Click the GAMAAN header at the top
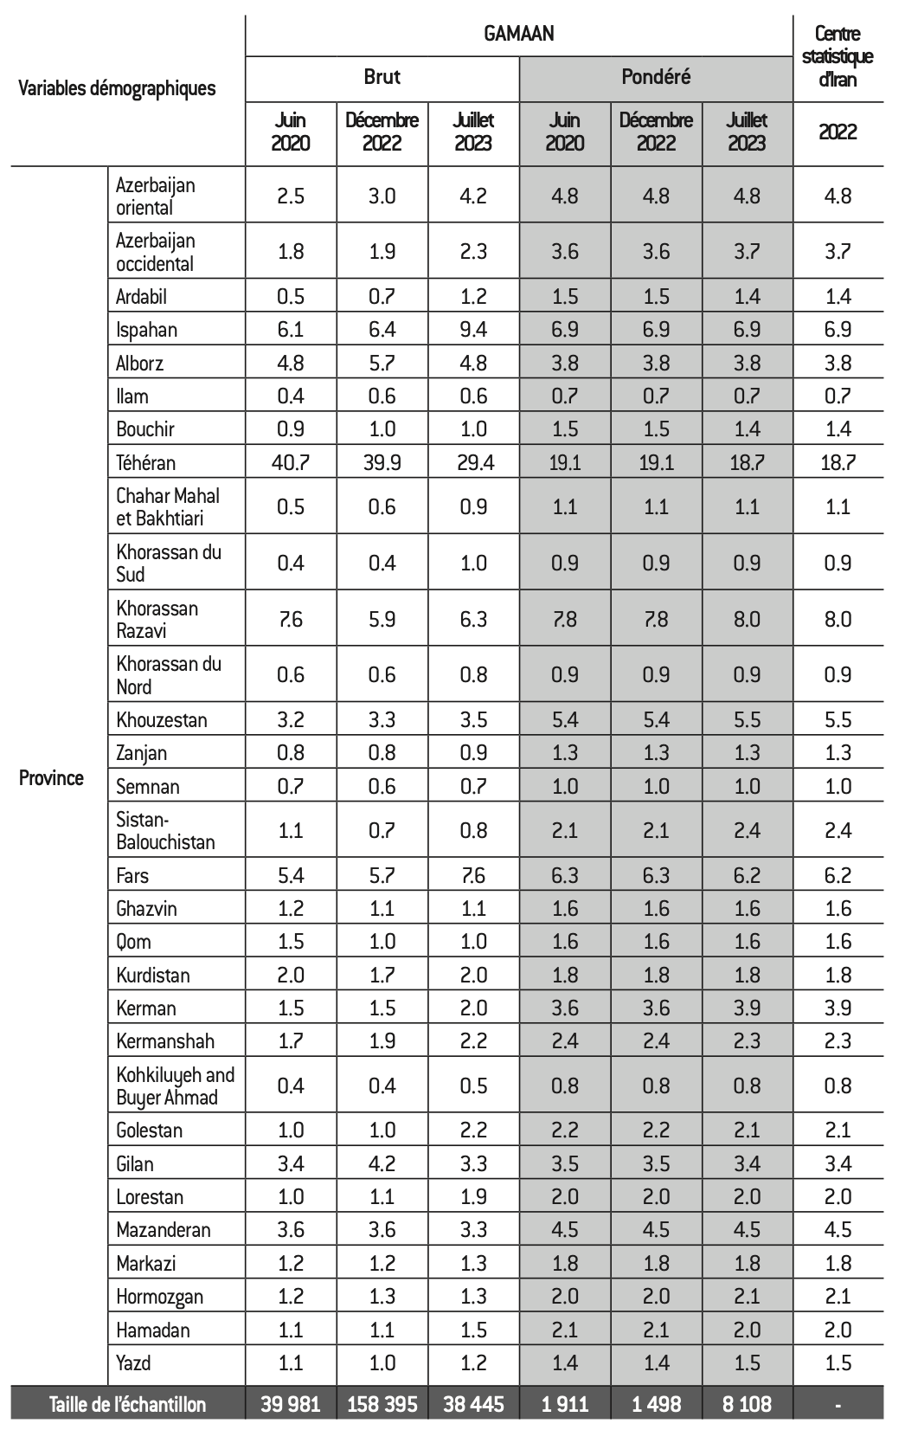[519, 35]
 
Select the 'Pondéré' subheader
[656, 77]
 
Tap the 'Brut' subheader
[382, 77]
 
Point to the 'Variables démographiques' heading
[117, 87]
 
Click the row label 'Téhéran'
[146, 462]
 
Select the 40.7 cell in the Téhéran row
[290, 462]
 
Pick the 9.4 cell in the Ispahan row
[473, 330]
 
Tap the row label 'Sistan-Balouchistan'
[165, 830]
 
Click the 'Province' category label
[52, 777]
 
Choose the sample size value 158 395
[382, 1404]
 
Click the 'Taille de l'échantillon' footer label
[128, 1404]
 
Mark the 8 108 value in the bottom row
[747, 1404]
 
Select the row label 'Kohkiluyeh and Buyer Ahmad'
[175, 1085]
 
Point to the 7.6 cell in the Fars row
[473, 875]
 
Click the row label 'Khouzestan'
[162, 719]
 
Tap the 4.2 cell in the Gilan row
[382, 1163]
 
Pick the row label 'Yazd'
[133, 1363]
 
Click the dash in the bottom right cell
[838, 1404]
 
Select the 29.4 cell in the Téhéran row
[473, 462]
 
